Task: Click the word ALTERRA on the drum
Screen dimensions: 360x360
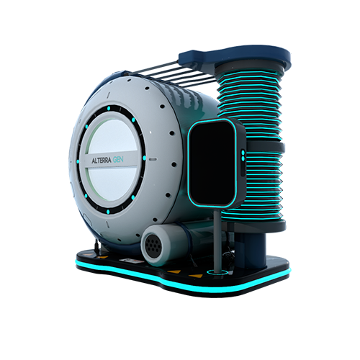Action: tap(102, 161)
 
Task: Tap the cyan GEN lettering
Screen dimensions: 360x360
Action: tap(118, 160)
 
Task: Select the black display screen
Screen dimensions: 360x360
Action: tap(212, 163)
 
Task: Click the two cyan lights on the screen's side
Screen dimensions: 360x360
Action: tap(243, 156)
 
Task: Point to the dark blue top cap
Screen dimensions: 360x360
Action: tap(235, 57)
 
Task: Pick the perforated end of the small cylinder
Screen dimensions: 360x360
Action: tap(153, 246)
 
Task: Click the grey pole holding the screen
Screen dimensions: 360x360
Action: tap(217, 240)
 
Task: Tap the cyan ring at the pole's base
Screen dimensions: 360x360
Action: tap(217, 272)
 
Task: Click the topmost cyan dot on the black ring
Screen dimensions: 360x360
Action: tap(109, 108)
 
